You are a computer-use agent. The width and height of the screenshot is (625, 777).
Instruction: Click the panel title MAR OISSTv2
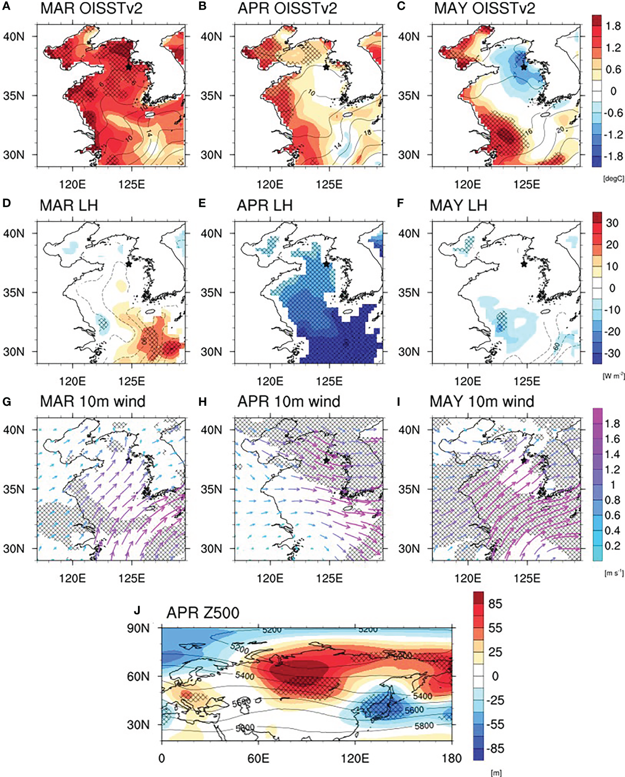[x=91, y=8]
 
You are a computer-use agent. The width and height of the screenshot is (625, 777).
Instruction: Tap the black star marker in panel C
[x=524, y=67]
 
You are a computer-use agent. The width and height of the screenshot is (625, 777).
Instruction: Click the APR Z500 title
[x=203, y=613]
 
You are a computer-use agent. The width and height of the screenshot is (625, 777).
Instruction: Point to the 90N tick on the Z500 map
[x=138, y=628]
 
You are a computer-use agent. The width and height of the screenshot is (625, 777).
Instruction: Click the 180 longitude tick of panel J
[x=451, y=758]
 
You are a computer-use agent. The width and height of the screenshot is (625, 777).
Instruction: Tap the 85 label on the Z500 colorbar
[x=495, y=604]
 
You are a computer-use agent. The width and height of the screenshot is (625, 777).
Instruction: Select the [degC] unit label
[x=613, y=179]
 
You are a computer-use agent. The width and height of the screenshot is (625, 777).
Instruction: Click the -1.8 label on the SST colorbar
[x=612, y=156]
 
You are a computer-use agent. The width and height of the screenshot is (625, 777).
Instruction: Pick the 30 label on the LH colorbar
[x=612, y=223]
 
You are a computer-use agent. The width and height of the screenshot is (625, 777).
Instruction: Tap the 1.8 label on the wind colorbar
[x=612, y=424]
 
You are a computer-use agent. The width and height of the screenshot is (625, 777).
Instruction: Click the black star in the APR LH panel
[x=326, y=264]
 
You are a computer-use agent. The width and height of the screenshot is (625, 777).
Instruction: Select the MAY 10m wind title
[x=482, y=402]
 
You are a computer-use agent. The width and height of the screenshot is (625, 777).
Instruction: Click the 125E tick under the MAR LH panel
[x=131, y=381]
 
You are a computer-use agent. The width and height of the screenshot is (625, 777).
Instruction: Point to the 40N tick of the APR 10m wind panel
[x=211, y=430]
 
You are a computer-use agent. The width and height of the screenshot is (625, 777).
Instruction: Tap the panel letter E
[x=202, y=203]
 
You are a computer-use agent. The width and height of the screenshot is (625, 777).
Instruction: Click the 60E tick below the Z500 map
[x=258, y=758]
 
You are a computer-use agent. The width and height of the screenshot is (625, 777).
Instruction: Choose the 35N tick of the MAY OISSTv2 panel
[x=409, y=96]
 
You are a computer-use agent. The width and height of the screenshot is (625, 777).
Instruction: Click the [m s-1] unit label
[x=614, y=573]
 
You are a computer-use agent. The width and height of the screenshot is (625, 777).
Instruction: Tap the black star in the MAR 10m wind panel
[x=129, y=460]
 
